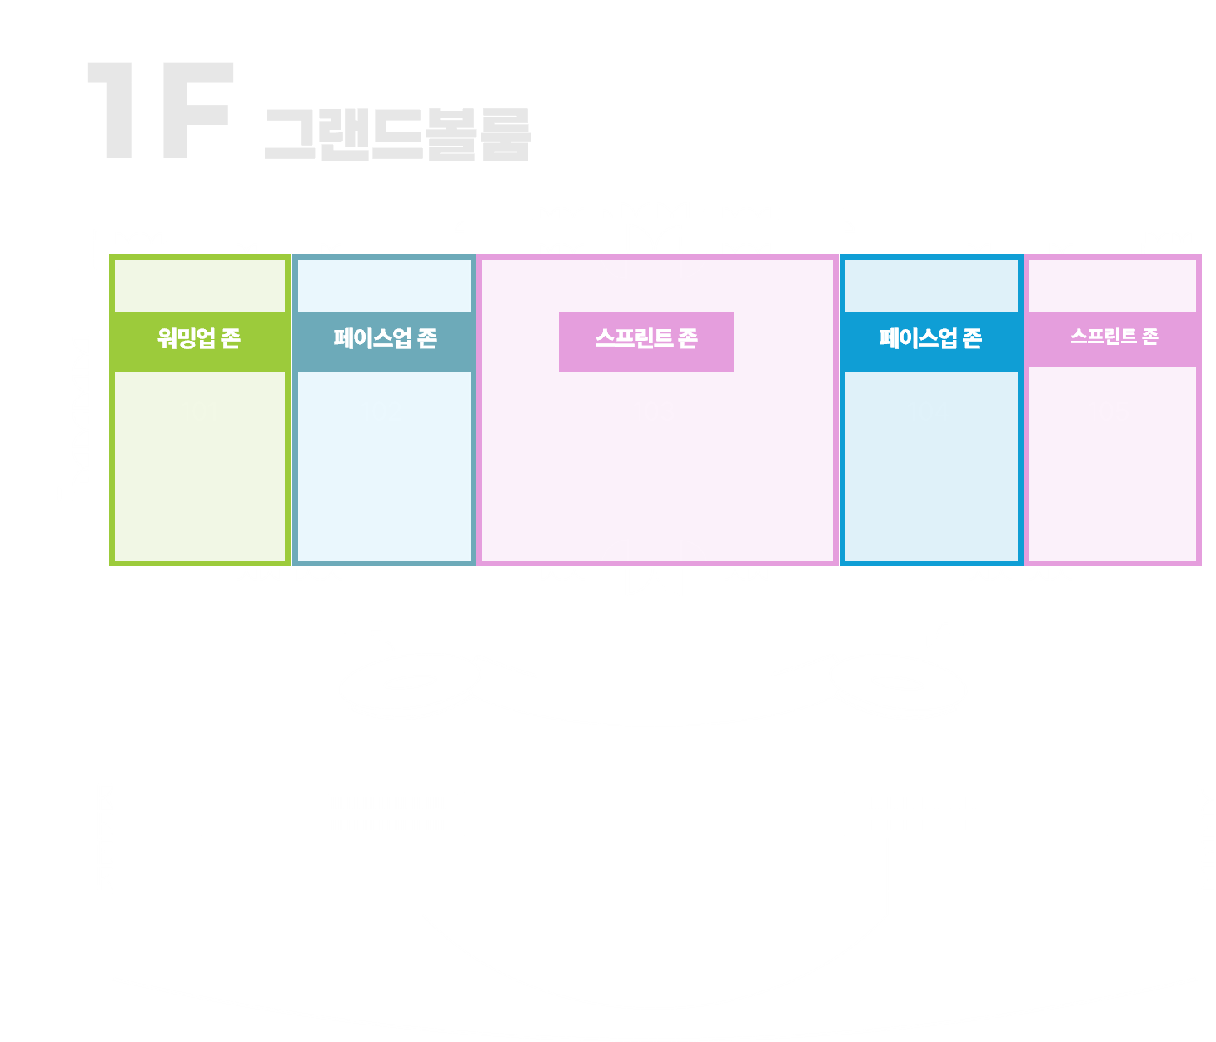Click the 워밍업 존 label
click(199, 338)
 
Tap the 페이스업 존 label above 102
click(385, 338)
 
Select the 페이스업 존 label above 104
click(930, 338)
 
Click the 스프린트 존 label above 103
click(646, 338)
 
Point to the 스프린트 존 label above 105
click(1114, 337)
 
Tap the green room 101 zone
click(200, 483)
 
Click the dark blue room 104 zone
click(930, 491)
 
